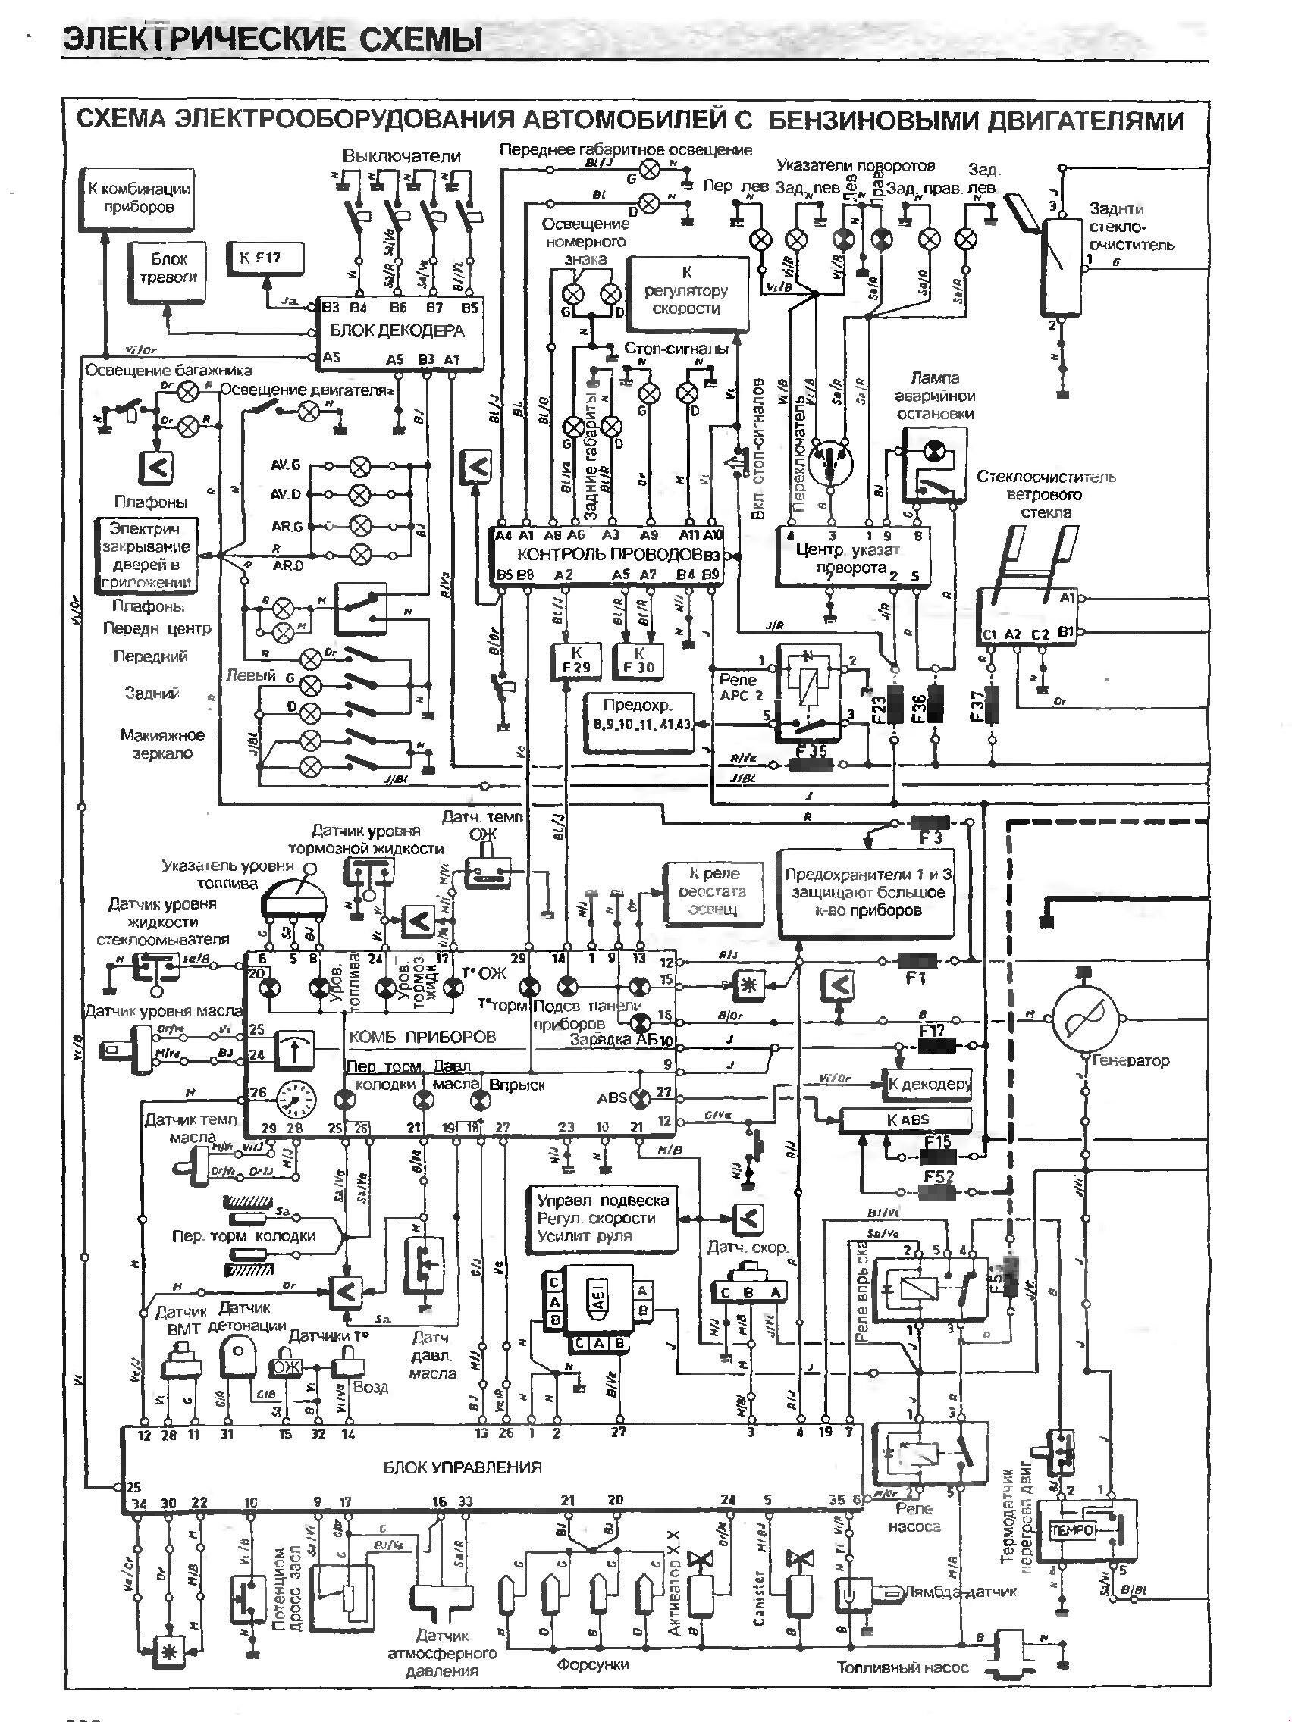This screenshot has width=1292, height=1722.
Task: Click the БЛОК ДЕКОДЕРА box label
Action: tap(397, 330)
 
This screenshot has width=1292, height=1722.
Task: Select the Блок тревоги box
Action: tap(168, 268)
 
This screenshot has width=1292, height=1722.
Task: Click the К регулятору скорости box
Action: tap(686, 291)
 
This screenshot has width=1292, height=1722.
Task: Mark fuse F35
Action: tap(811, 765)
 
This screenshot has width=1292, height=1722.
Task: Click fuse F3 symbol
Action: tap(930, 822)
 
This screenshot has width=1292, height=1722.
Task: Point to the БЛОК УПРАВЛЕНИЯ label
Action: tap(462, 1467)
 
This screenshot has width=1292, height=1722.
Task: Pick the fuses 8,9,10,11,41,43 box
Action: tap(640, 722)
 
